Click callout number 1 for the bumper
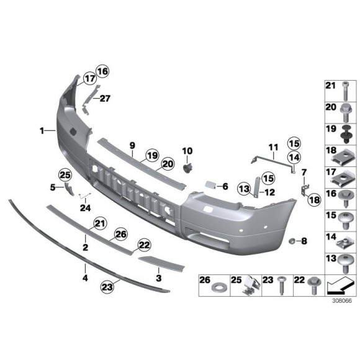point(42,130)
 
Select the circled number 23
point(109,286)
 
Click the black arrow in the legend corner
point(340,286)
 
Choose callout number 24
point(84,207)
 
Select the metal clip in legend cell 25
point(250,286)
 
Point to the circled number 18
point(313,199)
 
